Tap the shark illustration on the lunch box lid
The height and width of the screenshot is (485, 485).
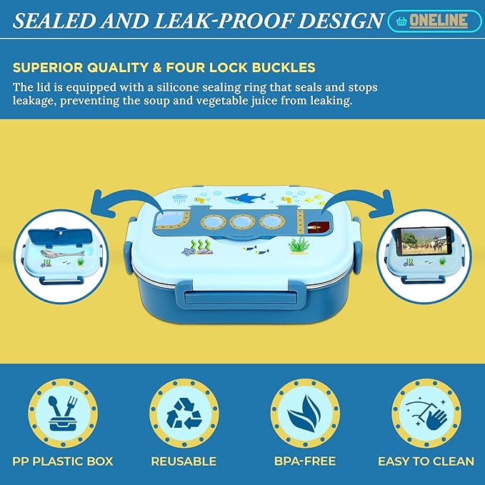(x=245, y=198)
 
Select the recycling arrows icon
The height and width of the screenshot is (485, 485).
(x=184, y=413)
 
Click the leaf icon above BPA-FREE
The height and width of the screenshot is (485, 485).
(x=305, y=413)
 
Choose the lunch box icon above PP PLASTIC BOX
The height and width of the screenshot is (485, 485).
(x=63, y=413)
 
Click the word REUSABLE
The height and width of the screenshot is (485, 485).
(x=184, y=461)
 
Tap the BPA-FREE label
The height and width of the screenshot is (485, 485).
(x=305, y=461)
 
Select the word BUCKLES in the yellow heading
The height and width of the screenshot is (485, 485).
(x=284, y=67)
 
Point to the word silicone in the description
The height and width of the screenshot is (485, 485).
(x=179, y=87)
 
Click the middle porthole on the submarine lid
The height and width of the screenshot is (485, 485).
(x=242, y=221)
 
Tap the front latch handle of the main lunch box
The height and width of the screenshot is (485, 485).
(x=241, y=298)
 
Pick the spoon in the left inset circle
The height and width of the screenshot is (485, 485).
(x=62, y=253)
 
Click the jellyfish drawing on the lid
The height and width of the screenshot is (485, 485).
(x=179, y=199)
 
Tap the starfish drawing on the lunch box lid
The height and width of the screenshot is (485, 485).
(x=187, y=251)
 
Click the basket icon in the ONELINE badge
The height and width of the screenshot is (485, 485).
(x=401, y=21)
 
